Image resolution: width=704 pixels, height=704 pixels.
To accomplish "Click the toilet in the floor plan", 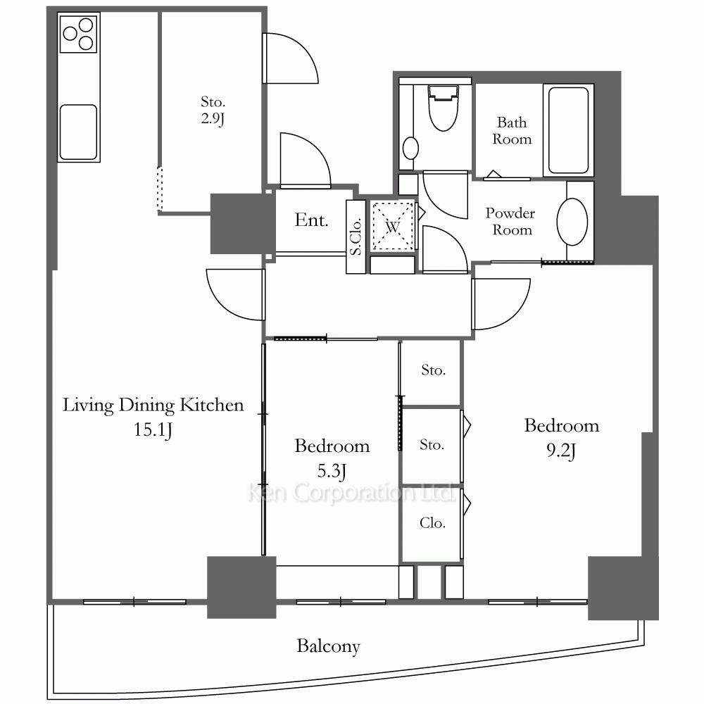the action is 443,108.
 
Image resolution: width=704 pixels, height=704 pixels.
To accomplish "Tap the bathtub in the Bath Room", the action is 568,130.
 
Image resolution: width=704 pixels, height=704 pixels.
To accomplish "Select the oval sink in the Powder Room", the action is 572,222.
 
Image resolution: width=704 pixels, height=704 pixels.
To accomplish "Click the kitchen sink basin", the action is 79,132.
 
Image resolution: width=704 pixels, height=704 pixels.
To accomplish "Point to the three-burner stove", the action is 79,33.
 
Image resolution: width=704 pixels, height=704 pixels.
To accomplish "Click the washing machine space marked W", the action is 393,226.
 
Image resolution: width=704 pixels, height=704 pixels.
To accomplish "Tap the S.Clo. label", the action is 356,237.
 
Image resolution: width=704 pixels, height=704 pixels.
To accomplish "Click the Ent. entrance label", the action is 311,220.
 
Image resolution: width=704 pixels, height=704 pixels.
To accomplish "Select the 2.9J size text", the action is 213,118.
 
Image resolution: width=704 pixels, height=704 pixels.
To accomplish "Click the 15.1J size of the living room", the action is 153,429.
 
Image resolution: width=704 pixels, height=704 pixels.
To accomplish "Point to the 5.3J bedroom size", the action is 332,471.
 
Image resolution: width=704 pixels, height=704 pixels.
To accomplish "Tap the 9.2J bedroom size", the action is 561,451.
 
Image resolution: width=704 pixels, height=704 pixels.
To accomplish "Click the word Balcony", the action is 329,646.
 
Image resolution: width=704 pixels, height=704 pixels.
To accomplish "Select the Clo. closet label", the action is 432,522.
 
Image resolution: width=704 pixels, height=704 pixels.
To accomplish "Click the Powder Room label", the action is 510,221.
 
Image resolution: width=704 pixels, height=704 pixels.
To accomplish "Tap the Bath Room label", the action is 512,131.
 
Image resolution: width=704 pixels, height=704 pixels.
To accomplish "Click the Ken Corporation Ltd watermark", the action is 350,493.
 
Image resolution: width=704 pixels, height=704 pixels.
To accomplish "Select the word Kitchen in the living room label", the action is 212,405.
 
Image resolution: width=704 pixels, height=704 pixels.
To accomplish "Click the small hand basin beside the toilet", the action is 410,148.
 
